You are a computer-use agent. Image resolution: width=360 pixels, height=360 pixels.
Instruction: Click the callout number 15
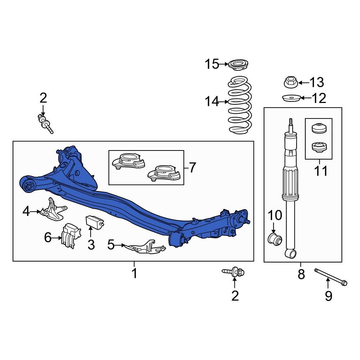coord(212,64)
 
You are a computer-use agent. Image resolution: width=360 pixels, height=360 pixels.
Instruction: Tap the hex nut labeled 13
coord(290,82)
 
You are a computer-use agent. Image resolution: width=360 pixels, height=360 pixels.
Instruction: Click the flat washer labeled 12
coord(291,98)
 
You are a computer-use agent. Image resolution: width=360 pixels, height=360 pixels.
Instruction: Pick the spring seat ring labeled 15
coord(238,66)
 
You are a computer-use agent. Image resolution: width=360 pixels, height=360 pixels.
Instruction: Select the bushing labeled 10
coord(275,239)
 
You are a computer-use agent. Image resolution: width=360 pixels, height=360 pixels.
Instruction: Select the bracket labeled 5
coord(146,247)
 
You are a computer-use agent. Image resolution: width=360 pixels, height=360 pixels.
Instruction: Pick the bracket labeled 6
coord(71,236)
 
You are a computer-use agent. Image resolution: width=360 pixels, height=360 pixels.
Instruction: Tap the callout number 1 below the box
coord(134,274)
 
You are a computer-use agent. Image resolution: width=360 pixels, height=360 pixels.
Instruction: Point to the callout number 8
coord(301,274)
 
